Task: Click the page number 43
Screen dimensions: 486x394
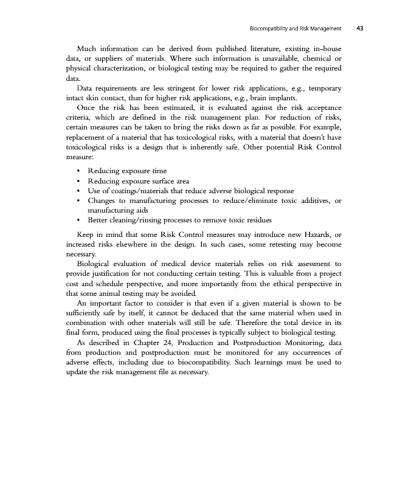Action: click(360, 28)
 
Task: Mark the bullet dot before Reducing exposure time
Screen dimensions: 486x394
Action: click(80, 171)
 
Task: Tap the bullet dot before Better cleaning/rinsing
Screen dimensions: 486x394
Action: click(80, 220)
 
